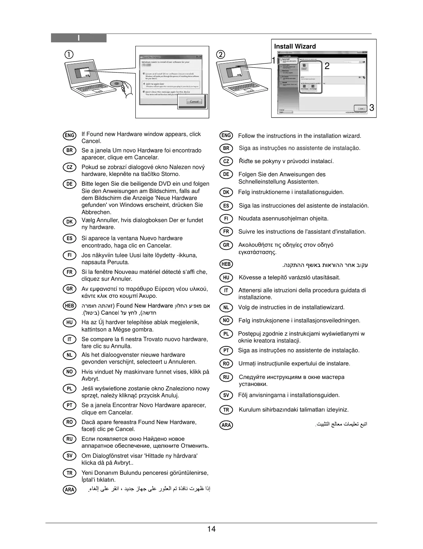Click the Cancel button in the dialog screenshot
(x=194, y=102)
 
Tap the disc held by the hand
(x=117, y=83)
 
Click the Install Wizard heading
(x=295, y=47)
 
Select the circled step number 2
(x=220, y=54)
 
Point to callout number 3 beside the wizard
(x=372, y=108)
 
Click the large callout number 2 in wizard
(x=327, y=66)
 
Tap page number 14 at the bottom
(x=211, y=529)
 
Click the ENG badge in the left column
(x=70, y=135)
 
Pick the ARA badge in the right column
(x=226, y=425)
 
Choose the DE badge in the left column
(x=70, y=184)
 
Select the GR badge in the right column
(x=226, y=245)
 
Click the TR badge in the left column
(x=70, y=473)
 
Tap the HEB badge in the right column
(x=226, y=264)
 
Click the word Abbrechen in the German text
(x=96, y=212)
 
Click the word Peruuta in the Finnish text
(x=118, y=262)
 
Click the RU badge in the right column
(x=226, y=377)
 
